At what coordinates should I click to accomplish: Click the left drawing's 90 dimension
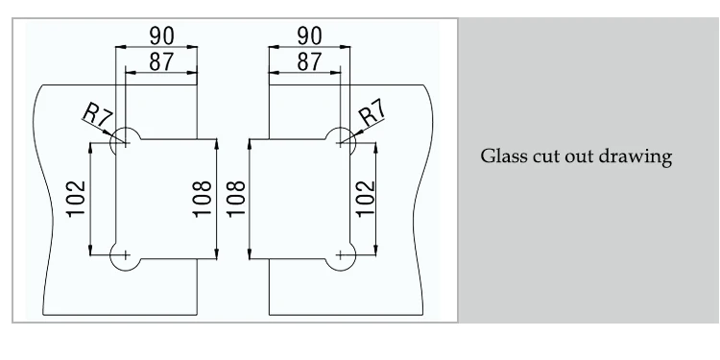(159, 35)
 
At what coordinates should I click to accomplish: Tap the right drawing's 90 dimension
(309, 35)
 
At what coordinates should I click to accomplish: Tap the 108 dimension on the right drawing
(237, 198)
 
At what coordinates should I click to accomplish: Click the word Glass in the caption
(500, 156)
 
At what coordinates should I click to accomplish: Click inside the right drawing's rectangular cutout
(293, 198)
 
